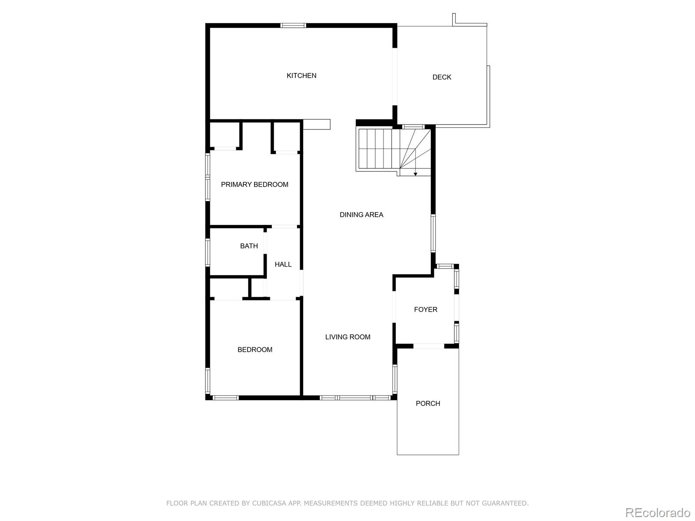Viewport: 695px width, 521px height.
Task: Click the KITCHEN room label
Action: point(301,76)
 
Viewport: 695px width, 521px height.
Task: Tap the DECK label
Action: point(442,77)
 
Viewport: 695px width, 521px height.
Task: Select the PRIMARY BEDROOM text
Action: point(255,185)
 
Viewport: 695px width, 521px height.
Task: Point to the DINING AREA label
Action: point(361,215)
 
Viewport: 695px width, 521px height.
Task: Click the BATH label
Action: point(249,246)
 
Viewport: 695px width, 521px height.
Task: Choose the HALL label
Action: point(283,264)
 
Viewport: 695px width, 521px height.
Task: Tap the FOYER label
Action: point(426,310)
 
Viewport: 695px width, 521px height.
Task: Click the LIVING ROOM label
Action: point(347,337)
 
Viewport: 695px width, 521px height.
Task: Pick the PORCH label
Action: point(428,403)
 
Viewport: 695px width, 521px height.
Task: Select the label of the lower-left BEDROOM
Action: point(255,350)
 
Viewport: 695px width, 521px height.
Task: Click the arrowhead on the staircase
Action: point(415,174)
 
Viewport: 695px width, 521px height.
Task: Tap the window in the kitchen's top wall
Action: point(293,26)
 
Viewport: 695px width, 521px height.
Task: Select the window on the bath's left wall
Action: point(208,252)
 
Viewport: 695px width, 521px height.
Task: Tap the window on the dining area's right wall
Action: point(433,233)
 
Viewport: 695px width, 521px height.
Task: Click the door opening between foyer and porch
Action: point(429,346)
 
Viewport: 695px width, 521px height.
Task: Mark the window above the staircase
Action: point(413,127)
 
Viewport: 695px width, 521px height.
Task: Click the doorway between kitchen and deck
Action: point(395,76)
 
